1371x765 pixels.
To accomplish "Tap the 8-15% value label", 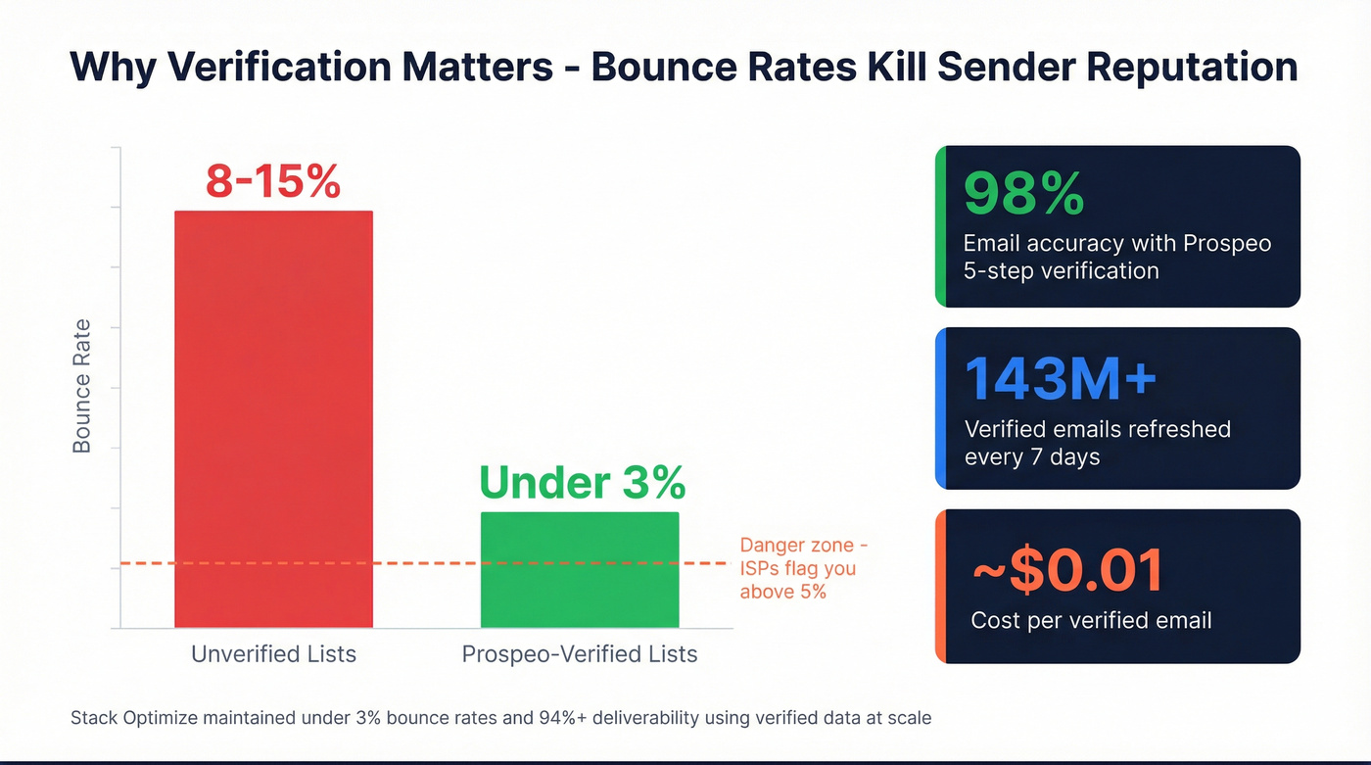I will pos(273,182).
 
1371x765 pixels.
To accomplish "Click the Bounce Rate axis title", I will pos(82,386).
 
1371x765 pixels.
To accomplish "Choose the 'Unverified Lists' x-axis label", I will pos(273,653).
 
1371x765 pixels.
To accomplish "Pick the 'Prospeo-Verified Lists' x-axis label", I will pos(580,653).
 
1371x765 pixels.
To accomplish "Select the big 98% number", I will pos(1023,193).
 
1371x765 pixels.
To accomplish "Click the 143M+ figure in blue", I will pos(1061,379).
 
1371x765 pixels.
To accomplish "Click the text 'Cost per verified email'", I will pos(1091,620).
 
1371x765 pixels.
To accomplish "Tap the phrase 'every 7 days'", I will pos(1032,456).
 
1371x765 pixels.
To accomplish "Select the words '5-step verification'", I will pos(1061,270).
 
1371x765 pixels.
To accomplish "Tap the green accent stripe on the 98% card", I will pos(940,226).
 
